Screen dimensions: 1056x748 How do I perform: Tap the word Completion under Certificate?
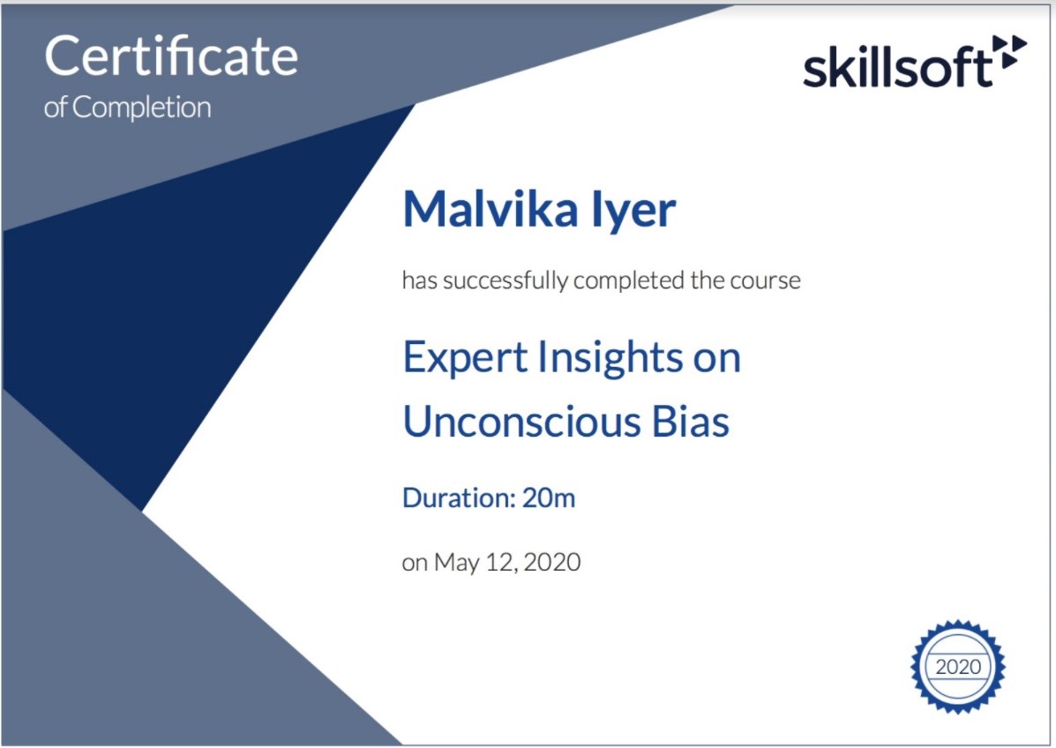pos(141,108)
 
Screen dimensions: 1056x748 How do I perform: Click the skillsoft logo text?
pos(898,68)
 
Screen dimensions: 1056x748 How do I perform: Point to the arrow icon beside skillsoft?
pos(1010,52)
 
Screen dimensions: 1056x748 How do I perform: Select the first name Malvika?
pos(491,209)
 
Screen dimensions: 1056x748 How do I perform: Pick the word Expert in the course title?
pos(465,358)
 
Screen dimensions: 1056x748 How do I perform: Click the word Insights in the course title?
pos(610,356)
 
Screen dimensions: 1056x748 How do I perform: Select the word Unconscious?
pos(521,423)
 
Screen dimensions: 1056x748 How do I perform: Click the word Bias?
pos(690,423)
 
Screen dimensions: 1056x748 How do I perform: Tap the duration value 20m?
pos(549,498)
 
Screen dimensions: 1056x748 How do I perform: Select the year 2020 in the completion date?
pos(551,562)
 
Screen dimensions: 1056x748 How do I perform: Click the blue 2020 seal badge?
pos(958,667)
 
